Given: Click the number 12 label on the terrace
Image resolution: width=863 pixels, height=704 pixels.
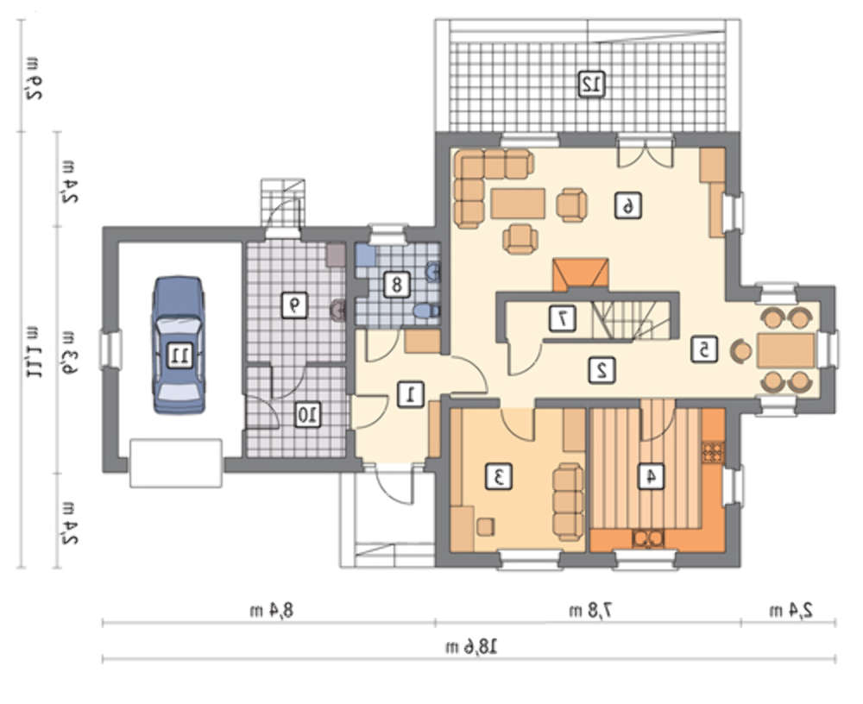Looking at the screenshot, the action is coord(592,85).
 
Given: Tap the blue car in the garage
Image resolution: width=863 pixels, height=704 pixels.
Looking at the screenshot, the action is coord(179,344).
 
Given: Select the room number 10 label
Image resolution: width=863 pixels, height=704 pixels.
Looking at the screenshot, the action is coord(307,414).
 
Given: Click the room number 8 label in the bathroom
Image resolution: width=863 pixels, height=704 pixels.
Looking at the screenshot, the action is coord(396,285).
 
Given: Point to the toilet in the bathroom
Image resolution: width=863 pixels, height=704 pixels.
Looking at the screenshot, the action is coord(426,311).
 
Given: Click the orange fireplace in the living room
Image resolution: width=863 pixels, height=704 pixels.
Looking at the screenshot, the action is coord(581,274).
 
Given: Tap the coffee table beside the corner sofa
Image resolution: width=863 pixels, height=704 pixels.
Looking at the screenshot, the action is coord(518,204).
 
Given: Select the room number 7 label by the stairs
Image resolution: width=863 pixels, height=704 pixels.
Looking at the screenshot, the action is coord(563,317).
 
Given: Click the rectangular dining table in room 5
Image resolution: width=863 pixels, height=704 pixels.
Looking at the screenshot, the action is coord(786,350).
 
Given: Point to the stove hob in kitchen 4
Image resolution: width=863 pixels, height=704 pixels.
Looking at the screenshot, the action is coord(713,452).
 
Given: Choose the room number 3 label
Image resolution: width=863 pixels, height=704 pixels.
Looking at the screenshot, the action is coord(499,476).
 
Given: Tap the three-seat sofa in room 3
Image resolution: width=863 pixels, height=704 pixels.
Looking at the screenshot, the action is coord(568,502).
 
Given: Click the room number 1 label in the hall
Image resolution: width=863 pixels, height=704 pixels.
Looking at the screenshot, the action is coord(411,394).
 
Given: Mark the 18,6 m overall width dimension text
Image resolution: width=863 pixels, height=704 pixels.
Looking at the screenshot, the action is coord(471,645).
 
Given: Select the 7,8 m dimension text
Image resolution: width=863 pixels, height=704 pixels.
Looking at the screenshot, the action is coord(591,610).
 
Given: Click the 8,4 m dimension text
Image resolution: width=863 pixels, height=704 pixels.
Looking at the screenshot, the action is coord(271,610).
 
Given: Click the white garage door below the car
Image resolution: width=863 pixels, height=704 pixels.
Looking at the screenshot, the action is coord(176,463).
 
